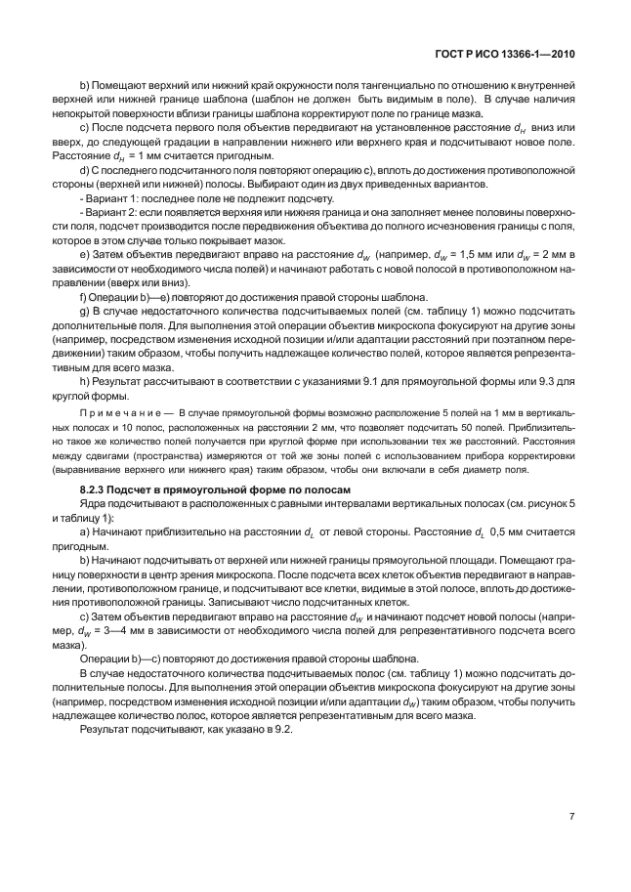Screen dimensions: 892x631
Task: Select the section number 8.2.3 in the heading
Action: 96,488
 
